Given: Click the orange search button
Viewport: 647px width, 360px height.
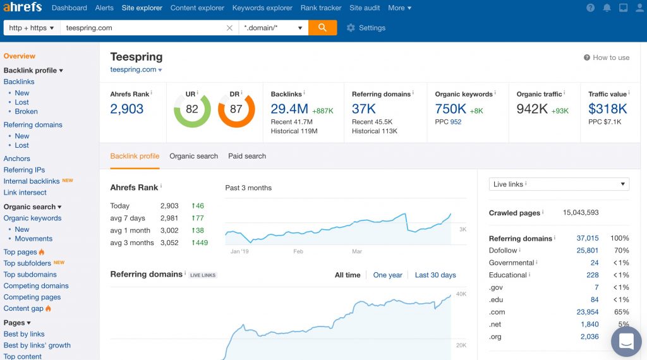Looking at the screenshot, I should (322, 28).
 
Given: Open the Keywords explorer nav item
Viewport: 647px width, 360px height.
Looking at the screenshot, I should (262, 8).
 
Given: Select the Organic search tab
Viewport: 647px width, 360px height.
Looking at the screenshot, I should (193, 156).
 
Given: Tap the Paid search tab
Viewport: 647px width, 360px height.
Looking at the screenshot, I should (247, 156).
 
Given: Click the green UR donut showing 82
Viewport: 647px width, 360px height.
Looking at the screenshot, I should (192, 109).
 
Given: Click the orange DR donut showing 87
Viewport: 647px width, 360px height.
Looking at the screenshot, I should (236, 109).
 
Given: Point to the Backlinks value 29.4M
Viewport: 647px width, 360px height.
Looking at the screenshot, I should (289, 109).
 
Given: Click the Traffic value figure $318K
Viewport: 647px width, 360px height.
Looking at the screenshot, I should (607, 109).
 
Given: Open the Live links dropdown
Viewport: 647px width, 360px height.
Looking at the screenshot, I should (559, 184).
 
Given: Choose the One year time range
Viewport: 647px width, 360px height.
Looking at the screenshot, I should (387, 275).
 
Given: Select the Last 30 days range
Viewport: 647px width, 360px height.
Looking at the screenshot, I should (435, 275).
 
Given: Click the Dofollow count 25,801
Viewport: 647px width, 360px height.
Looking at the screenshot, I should (587, 251).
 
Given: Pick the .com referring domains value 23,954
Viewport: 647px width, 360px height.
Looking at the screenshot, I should (587, 312).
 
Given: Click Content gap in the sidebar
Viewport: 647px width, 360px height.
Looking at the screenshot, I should (23, 308).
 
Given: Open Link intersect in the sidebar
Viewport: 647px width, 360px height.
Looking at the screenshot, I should (25, 193).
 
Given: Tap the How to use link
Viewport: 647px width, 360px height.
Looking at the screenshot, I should (607, 57).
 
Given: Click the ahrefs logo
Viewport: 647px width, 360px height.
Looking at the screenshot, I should (23, 8).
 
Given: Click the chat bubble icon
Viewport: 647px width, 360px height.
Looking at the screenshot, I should (626, 342).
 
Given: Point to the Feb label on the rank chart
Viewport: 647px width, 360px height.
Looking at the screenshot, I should (298, 251).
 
